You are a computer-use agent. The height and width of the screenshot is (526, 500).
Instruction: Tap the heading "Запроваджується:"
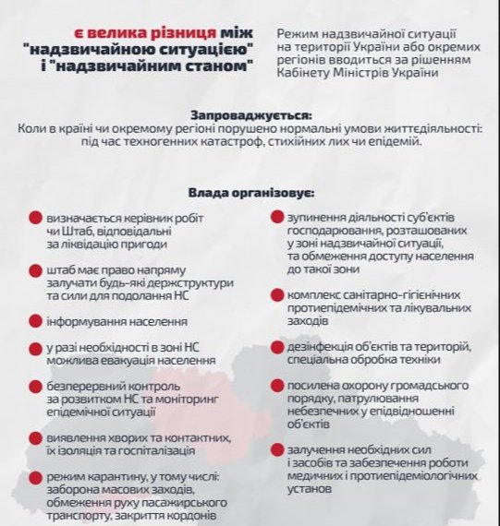[x=249, y=115]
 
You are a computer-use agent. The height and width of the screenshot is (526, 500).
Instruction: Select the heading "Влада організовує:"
[x=250, y=194]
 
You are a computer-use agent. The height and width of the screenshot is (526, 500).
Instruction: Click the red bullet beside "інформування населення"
[x=34, y=321]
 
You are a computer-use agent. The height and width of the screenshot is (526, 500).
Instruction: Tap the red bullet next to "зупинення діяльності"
[x=276, y=218]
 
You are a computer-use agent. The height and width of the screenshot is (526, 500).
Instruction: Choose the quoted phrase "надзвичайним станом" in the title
[x=170, y=67]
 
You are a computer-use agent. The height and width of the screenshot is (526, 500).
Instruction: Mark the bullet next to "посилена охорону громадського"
[x=276, y=386]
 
